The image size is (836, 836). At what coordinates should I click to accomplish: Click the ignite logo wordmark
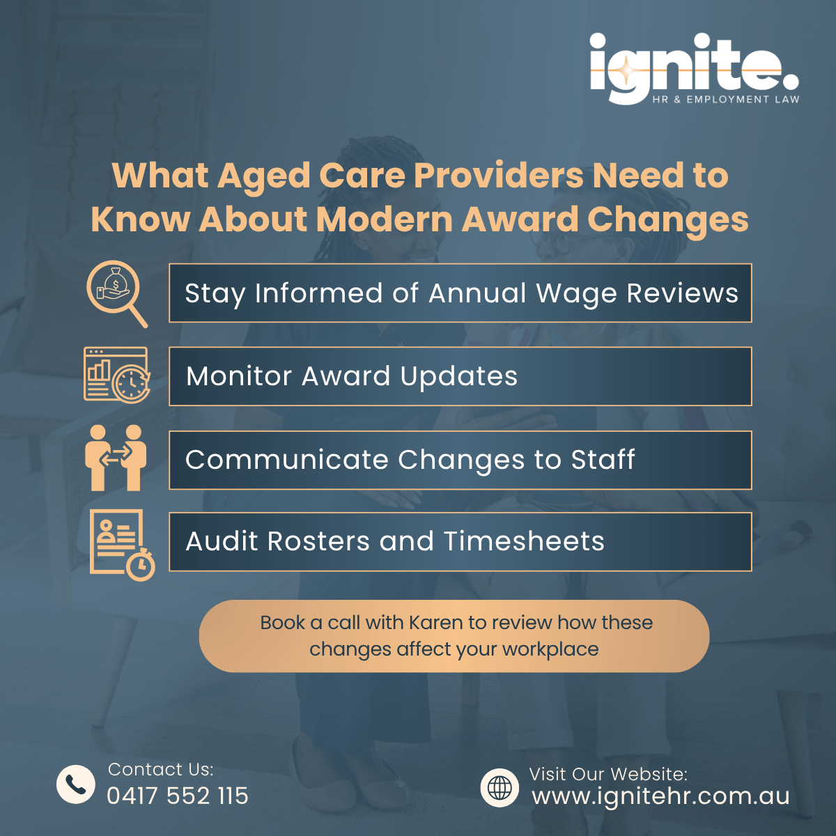click(693, 66)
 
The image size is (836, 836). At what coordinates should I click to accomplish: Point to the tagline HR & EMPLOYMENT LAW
click(726, 100)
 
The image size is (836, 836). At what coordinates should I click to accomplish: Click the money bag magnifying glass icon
click(116, 293)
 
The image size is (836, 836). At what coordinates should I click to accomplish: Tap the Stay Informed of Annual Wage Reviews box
click(460, 293)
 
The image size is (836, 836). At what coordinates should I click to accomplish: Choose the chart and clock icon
click(116, 374)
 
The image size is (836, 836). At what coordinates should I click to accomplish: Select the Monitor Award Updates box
click(460, 376)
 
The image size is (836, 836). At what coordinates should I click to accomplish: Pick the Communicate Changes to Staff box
click(460, 460)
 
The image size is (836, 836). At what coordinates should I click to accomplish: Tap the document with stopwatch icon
click(121, 544)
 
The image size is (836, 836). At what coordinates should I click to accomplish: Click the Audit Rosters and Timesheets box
click(460, 541)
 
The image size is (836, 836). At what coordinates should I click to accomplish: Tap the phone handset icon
click(76, 784)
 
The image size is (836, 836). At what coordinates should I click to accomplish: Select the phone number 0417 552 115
click(178, 796)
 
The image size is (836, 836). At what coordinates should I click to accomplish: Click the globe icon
click(500, 788)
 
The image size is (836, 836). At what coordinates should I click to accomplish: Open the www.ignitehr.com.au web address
click(660, 796)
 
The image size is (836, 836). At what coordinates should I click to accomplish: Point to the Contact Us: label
click(160, 769)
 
